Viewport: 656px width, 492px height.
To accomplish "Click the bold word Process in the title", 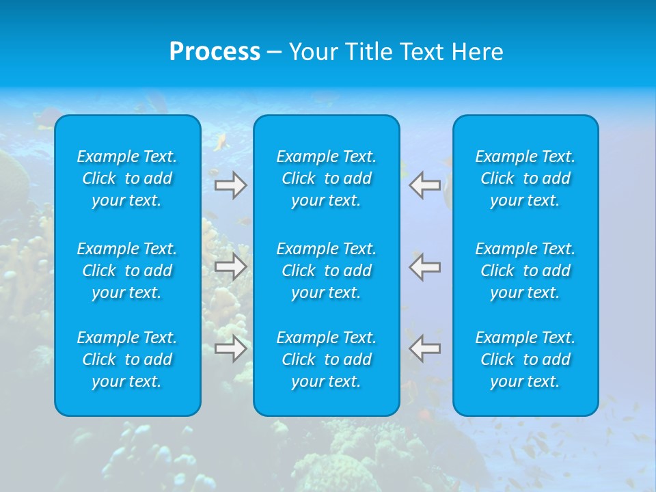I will pyautogui.click(x=215, y=52).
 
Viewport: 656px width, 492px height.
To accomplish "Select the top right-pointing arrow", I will pyautogui.click(x=231, y=185).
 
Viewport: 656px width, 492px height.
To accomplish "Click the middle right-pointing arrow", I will pyautogui.click(x=231, y=266).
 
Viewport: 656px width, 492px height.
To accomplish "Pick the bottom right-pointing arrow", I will pyautogui.click(x=231, y=348).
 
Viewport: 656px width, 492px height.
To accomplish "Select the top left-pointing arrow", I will pyautogui.click(x=424, y=185).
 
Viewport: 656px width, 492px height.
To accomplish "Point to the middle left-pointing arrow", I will pyautogui.click(x=424, y=266).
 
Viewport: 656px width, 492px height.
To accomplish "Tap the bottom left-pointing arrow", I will pyautogui.click(x=424, y=348).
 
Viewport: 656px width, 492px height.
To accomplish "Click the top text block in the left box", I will pyautogui.click(x=127, y=178).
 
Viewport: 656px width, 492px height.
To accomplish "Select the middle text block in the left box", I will pyautogui.click(x=127, y=271).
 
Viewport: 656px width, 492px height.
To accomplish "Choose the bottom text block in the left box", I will pyautogui.click(x=127, y=359).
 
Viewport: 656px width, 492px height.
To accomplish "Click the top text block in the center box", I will pyautogui.click(x=327, y=178).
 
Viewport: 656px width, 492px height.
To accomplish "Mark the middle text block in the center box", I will pyautogui.click(x=327, y=271).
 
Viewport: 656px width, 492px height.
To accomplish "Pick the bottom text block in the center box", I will pyautogui.click(x=327, y=359).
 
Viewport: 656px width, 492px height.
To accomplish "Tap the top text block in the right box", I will pyautogui.click(x=525, y=178).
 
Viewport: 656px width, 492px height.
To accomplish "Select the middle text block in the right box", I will pyautogui.click(x=525, y=271).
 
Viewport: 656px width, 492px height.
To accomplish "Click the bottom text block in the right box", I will pyautogui.click(x=525, y=359).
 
